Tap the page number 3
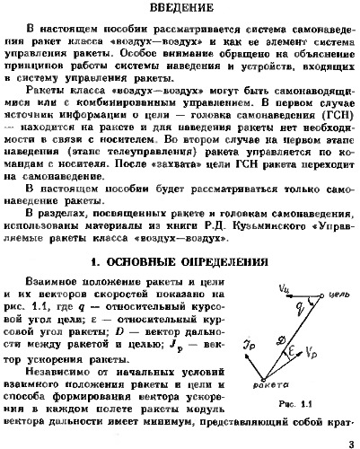point(351,441)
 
